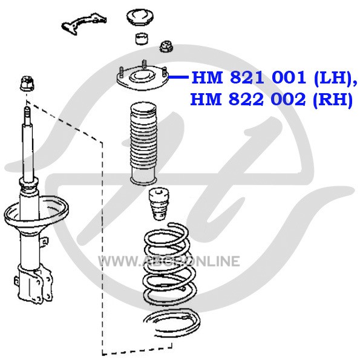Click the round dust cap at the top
pos(140,17)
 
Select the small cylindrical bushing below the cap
pos(142,39)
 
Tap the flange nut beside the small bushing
pos(166,47)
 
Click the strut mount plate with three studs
pos(143,78)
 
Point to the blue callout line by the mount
pos(178,77)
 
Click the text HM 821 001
pos(249,78)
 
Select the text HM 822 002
pos(248,99)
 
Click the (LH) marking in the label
pos(333,78)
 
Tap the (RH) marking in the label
pos(332,100)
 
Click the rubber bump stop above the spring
pos(159,204)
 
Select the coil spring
pos(169,264)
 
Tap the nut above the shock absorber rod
pos(27,83)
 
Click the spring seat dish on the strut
pos(36,212)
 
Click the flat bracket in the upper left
pos(84,24)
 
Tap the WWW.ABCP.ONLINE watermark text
pos(169,261)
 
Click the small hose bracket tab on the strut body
pos(44,241)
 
